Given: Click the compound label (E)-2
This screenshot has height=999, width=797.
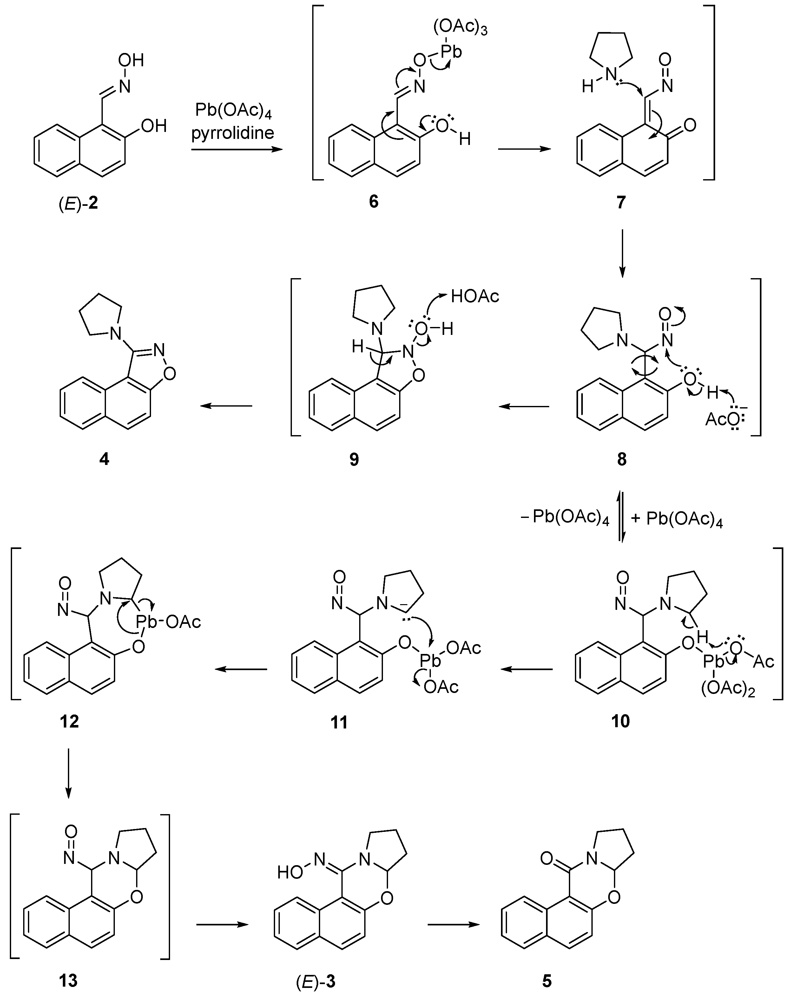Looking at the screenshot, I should (78, 203).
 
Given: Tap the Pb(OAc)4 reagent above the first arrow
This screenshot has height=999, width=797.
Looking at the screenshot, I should (233, 111).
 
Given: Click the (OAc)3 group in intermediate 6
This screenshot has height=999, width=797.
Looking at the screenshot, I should (460, 28).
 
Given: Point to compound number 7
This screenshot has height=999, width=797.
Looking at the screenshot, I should (621, 202).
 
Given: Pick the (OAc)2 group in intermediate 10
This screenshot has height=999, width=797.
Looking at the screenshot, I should (728, 689).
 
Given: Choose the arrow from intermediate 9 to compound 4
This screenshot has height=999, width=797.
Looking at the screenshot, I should (226, 406).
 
